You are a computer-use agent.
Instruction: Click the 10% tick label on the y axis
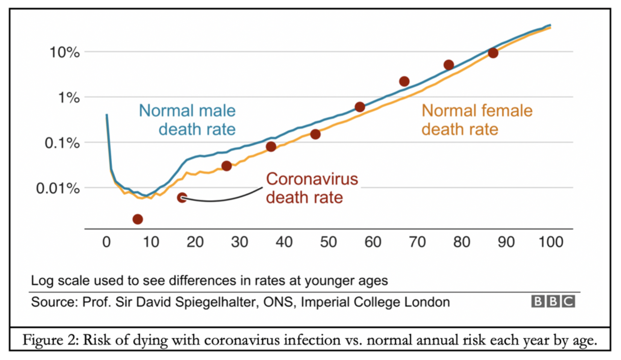click(65, 52)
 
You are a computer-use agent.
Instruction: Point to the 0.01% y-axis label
click(58, 188)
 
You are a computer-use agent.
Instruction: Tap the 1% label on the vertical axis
click(69, 98)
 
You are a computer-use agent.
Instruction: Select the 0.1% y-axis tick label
click(62, 143)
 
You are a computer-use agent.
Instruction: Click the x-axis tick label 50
click(328, 242)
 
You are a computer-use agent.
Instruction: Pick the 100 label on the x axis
click(551, 242)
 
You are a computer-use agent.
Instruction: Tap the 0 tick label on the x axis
click(106, 242)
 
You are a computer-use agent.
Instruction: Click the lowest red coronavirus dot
click(138, 219)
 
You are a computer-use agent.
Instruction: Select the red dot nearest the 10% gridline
click(493, 53)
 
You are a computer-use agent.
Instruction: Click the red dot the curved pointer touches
click(182, 198)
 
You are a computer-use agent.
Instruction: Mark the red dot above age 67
click(404, 81)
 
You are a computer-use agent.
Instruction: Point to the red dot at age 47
click(315, 134)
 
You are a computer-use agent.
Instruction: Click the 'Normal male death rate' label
click(187, 120)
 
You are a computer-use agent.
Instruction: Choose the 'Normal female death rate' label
click(477, 120)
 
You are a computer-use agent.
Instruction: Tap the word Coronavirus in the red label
click(312, 179)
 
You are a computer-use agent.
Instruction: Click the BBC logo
click(553, 301)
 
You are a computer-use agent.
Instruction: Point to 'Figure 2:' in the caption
click(50, 340)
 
